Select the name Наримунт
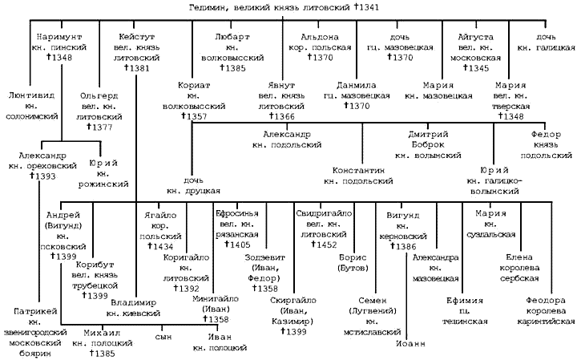59,37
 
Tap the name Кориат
196,84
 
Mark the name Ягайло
156,214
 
